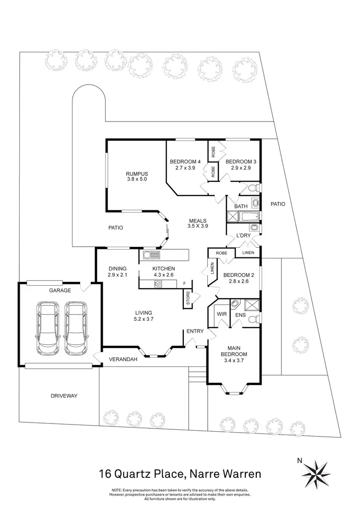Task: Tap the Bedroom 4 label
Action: (x=185, y=162)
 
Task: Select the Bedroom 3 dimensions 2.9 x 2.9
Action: (x=241, y=168)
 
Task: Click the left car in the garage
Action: (x=48, y=328)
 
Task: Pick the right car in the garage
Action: (x=76, y=328)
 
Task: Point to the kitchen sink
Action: (x=151, y=255)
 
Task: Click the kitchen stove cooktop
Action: (x=158, y=284)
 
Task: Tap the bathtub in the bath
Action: (x=249, y=217)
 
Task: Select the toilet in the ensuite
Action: (x=254, y=319)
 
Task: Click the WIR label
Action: (x=222, y=314)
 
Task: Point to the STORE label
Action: (x=188, y=298)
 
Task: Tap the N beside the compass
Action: (x=300, y=460)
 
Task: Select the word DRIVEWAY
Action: (x=64, y=396)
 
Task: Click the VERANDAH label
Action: (x=123, y=359)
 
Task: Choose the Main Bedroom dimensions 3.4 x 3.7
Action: (x=234, y=360)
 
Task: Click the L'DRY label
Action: (x=243, y=235)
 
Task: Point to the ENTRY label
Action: (x=195, y=331)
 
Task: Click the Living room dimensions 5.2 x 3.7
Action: (x=144, y=319)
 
